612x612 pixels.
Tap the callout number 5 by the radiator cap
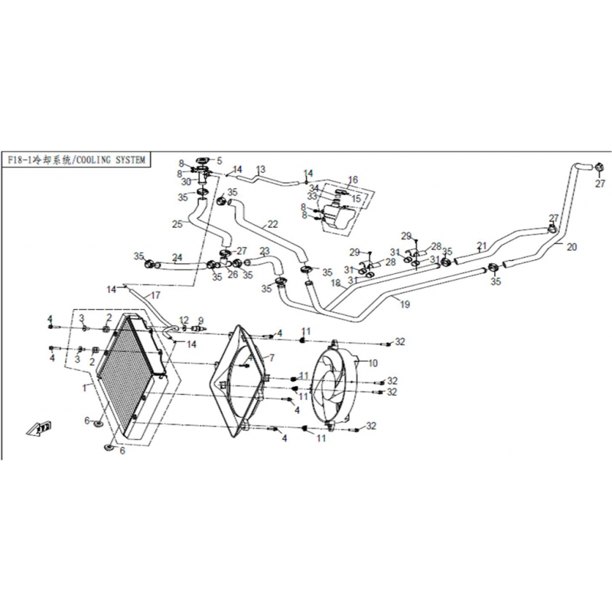click(220, 161)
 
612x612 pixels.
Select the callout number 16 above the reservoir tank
click(353, 180)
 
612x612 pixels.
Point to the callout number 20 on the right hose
click(571, 246)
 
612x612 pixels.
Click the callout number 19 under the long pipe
click(405, 304)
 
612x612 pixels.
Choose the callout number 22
click(272, 224)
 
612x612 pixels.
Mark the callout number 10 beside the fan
click(373, 363)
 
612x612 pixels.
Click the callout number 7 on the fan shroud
click(272, 357)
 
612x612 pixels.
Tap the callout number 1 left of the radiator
click(84, 388)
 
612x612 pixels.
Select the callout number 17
click(155, 295)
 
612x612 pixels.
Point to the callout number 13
click(261, 169)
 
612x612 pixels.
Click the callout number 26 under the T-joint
click(233, 275)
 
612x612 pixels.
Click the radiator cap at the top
click(203, 160)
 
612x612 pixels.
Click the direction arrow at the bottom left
click(39, 428)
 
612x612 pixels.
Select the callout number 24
click(177, 258)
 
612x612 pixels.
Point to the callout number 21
click(482, 246)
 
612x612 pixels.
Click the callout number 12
click(184, 320)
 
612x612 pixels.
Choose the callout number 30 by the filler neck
click(186, 182)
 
